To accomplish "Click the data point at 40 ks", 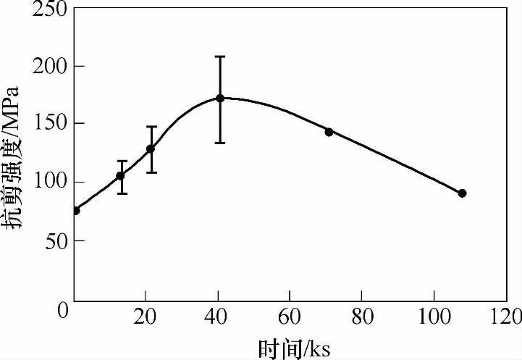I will pos(220,98).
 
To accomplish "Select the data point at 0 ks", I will pos(76,210).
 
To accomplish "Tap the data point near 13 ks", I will pos(121,175).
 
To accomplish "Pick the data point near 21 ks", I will pos(151,148).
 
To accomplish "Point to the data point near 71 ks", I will pos(329,132).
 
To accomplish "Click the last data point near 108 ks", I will pos(462,193).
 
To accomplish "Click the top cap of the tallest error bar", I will pos(220,56).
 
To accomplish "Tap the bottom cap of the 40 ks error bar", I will pos(220,143).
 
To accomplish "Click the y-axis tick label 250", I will pos(49,9).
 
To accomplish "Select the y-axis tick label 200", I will pos(49,67).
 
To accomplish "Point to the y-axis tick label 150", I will pos(49,124).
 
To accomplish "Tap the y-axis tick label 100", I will pos(49,182).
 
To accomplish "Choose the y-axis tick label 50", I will pos(54,240).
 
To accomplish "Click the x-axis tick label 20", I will pos(146,317).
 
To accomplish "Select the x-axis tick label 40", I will pos(217,317).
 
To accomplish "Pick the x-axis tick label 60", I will pos(290,317).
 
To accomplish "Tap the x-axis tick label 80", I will pos(361,317).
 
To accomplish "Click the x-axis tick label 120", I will pos(505,317).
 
